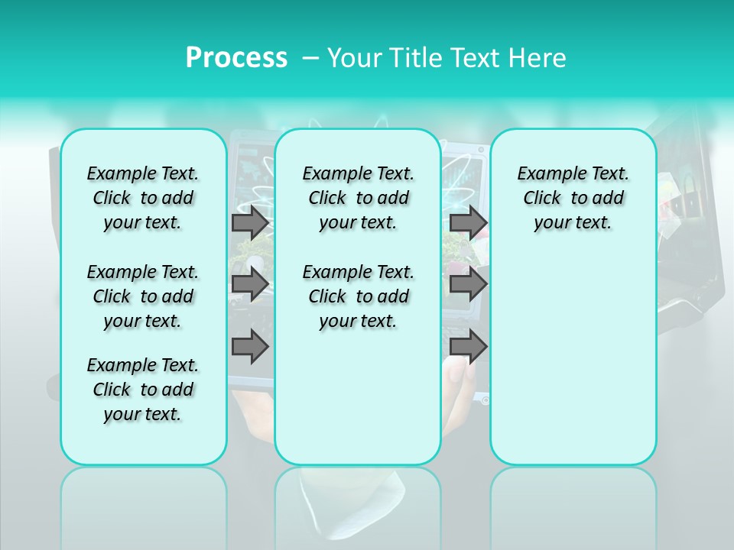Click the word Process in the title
click(236, 58)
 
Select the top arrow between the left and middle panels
click(250, 223)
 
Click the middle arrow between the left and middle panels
click(250, 284)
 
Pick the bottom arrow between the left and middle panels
click(250, 347)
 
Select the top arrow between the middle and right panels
click(468, 223)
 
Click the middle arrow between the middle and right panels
click(468, 284)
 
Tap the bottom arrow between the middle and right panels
click(468, 347)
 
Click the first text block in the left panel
click(143, 198)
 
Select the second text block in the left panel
click(143, 296)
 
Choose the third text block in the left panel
click(143, 390)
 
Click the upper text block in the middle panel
click(358, 198)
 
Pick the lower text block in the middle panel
click(358, 296)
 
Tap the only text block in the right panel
click(573, 198)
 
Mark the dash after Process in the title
click(310, 58)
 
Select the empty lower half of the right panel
click(573, 359)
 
